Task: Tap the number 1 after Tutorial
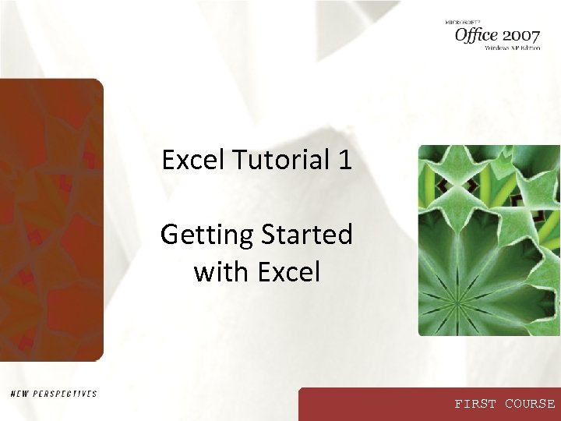point(344,160)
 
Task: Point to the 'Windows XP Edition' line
point(512,48)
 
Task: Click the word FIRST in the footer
point(475,404)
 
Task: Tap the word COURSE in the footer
point(530,404)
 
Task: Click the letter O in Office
point(462,34)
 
